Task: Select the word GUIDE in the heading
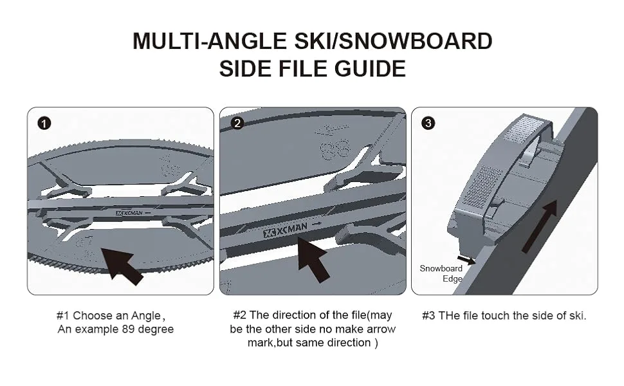pos(370,68)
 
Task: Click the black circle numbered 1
pos(44,124)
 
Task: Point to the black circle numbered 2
pos(237,123)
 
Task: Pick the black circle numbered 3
pos(428,123)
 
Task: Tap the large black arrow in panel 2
pos(313,257)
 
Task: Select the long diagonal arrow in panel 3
pos(539,226)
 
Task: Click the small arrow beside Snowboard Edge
pos(466,260)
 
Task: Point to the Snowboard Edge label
pos(441,273)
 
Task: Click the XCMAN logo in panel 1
pos(129,213)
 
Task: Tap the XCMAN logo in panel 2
pos(285,230)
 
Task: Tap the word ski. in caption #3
pos(578,316)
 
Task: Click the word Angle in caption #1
pos(145,317)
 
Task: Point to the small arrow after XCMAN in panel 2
pos(317,225)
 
